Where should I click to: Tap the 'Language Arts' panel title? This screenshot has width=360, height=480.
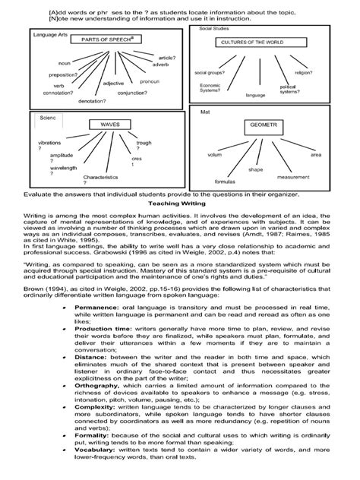(x=46, y=34)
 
